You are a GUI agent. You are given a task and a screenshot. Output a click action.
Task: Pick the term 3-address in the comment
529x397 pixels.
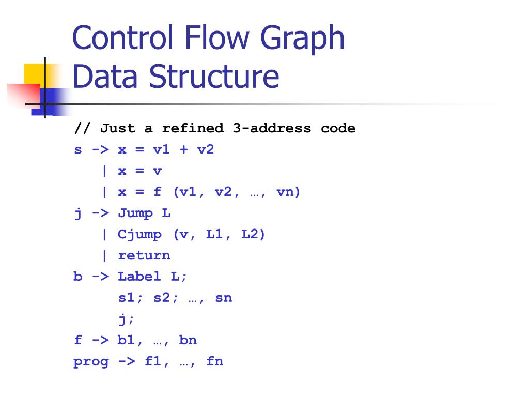pyautogui.click(x=272, y=128)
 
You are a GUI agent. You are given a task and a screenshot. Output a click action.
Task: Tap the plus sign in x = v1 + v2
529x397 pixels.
pyautogui.click(x=183, y=150)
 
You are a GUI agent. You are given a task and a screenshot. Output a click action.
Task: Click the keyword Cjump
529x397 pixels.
pyautogui.click(x=139, y=235)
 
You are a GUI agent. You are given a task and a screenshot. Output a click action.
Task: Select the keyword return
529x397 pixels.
pyautogui.click(x=144, y=255)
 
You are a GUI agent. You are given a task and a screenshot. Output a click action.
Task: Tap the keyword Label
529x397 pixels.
pyautogui.click(x=139, y=277)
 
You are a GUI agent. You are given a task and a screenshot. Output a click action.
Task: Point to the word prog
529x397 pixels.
pyautogui.click(x=91, y=361)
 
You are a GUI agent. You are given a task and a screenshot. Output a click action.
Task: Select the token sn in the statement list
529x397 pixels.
pyautogui.click(x=223, y=298)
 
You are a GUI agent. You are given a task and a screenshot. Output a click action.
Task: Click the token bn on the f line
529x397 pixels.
pyautogui.click(x=188, y=340)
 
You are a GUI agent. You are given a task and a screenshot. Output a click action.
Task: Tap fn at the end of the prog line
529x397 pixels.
pyautogui.click(x=214, y=361)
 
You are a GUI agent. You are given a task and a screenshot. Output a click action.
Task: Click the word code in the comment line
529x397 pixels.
pyautogui.click(x=338, y=128)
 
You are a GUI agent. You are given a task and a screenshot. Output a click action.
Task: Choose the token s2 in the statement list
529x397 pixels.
pyautogui.click(x=162, y=298)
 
